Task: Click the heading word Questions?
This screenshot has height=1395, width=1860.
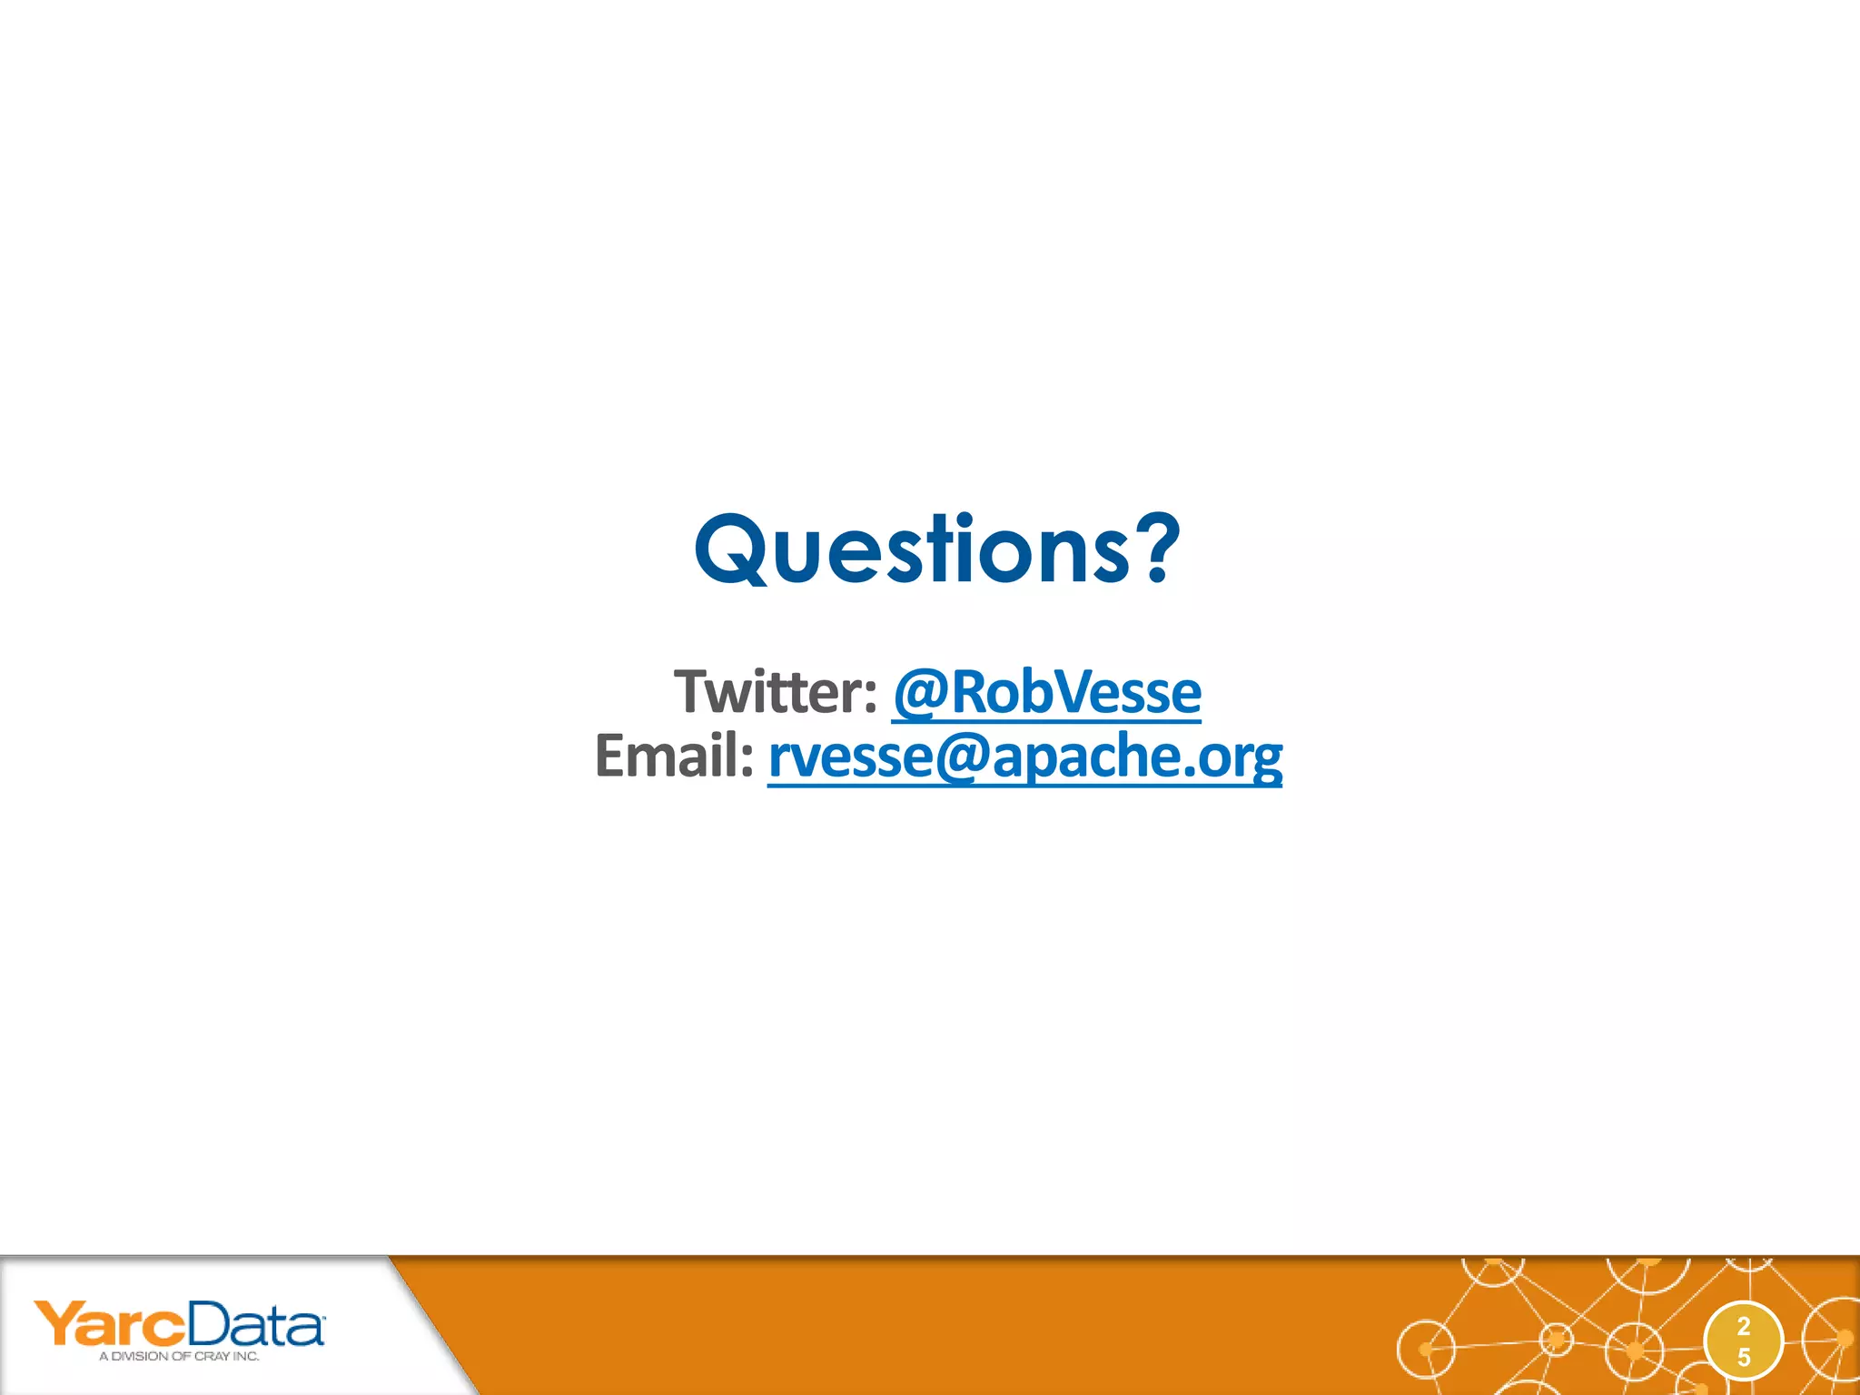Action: pos(936,549)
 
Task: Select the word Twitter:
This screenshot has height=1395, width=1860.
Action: pos(775,692)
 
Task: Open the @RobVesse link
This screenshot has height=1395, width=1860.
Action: pos(1046,692)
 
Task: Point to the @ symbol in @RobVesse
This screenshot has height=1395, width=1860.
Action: pos(921,694)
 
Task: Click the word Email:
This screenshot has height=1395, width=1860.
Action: pos(674,756)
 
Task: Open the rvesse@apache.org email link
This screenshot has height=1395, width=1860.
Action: pos(1024,756)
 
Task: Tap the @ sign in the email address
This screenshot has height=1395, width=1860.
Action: pos(962,757)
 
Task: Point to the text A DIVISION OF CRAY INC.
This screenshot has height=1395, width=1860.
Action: pos(179,1356)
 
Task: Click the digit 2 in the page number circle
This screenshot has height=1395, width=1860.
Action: pos(1743,1326)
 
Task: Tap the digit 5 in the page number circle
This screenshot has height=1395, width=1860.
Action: pos(1743,1357)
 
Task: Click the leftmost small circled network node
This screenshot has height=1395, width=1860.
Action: pos(1425,1349)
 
